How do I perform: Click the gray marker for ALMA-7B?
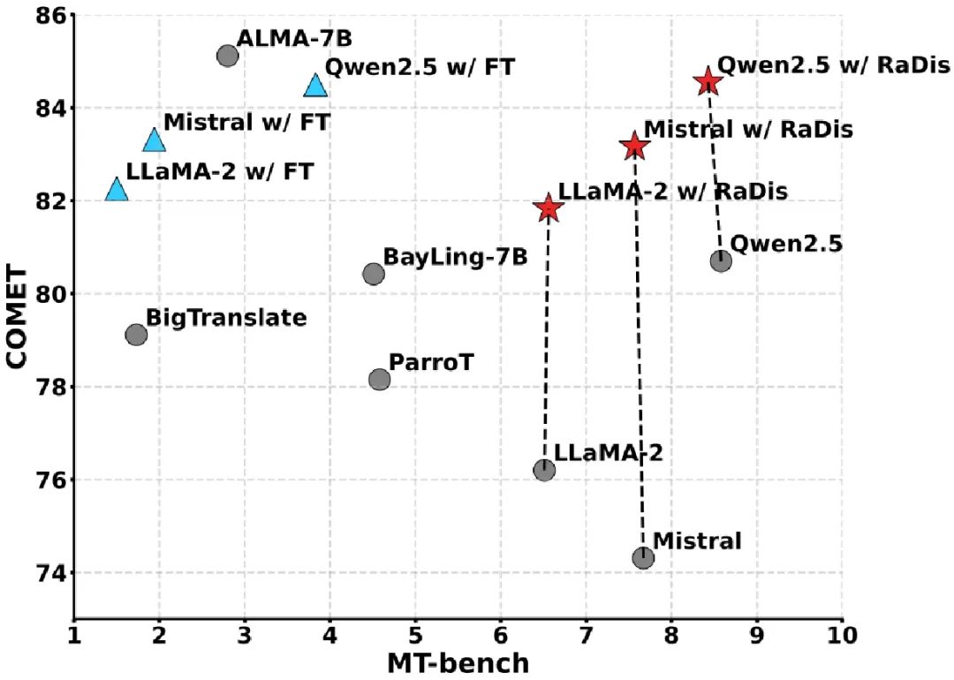227,56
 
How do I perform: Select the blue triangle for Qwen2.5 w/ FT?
315,86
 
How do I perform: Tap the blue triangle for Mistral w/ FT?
155,140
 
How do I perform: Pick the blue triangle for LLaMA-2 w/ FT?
117,189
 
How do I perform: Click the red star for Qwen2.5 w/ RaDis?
708,82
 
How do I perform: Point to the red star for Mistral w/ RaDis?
633,147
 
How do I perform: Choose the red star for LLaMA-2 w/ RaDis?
549,208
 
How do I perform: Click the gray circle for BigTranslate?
136,334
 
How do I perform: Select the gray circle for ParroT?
380,379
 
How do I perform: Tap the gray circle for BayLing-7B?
374,274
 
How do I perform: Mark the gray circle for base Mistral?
643,557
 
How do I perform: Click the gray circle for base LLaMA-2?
545,470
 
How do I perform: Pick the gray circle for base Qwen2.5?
721,261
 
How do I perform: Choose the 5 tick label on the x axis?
415,636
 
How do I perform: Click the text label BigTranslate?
226,317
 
